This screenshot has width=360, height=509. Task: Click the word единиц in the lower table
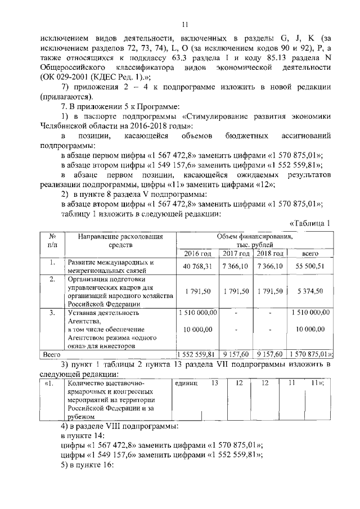pyautogui.click(x=187, y=384)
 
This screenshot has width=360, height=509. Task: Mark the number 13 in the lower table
pyautogui.click(x=214, y=383)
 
